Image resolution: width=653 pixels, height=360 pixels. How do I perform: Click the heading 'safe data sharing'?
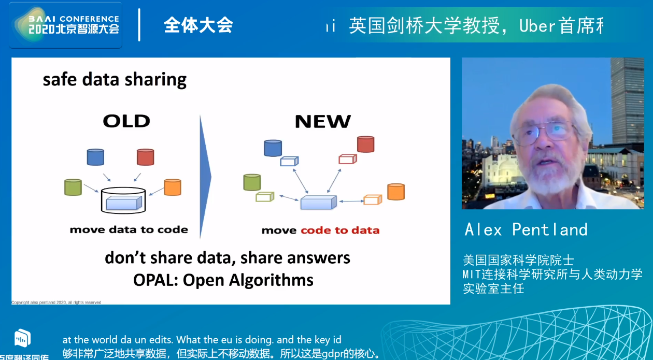pyautogui.click(x=115, y=80)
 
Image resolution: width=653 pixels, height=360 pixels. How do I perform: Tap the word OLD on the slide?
pyautogui.click(x=126, y=121)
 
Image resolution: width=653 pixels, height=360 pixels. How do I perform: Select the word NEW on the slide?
pyautogui.click(x=322, y=121)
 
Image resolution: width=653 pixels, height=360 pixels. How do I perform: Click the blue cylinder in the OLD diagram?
pyautogui.click(x=95, y=156)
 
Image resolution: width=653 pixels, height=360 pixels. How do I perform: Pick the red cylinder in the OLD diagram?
pyautogui.click(x=146, y=156)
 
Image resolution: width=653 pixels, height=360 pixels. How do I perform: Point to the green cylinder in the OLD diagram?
pyautogui.click(x=73, y=186)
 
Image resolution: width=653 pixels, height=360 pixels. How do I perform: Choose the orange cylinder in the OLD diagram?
pyautogui.click(x=172, y=186)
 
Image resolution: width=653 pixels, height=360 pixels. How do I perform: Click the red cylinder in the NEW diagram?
pyautogui.click(x=365, y=144)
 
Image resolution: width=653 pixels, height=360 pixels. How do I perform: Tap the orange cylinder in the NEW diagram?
pyautogui.click(x=396, y=191)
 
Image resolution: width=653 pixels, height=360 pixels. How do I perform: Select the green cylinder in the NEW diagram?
pyautogui.click(x=251, y=182)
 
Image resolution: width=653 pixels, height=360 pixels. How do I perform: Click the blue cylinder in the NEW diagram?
pyautogui.click(x=273, y=148)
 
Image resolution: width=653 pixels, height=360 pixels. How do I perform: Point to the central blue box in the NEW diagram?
pyautogui.click(x=317, y=202)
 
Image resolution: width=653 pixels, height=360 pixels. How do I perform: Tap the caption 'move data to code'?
pyautogui.click(x=129, y=229)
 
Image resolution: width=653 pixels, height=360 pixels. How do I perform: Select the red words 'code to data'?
pyautogui.click(x=340, y=230)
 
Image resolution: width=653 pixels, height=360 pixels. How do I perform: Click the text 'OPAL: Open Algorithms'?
pyautogui.click(x=223, y=280)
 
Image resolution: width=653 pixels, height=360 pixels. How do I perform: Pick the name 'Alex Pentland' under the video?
pyautogui.click(x=526, y=229)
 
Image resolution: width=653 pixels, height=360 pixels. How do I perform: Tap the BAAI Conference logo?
pyautogui.click(x=66, y=25)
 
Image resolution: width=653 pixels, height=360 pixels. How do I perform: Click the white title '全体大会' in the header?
pyautogui.click(x=198, y=25)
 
